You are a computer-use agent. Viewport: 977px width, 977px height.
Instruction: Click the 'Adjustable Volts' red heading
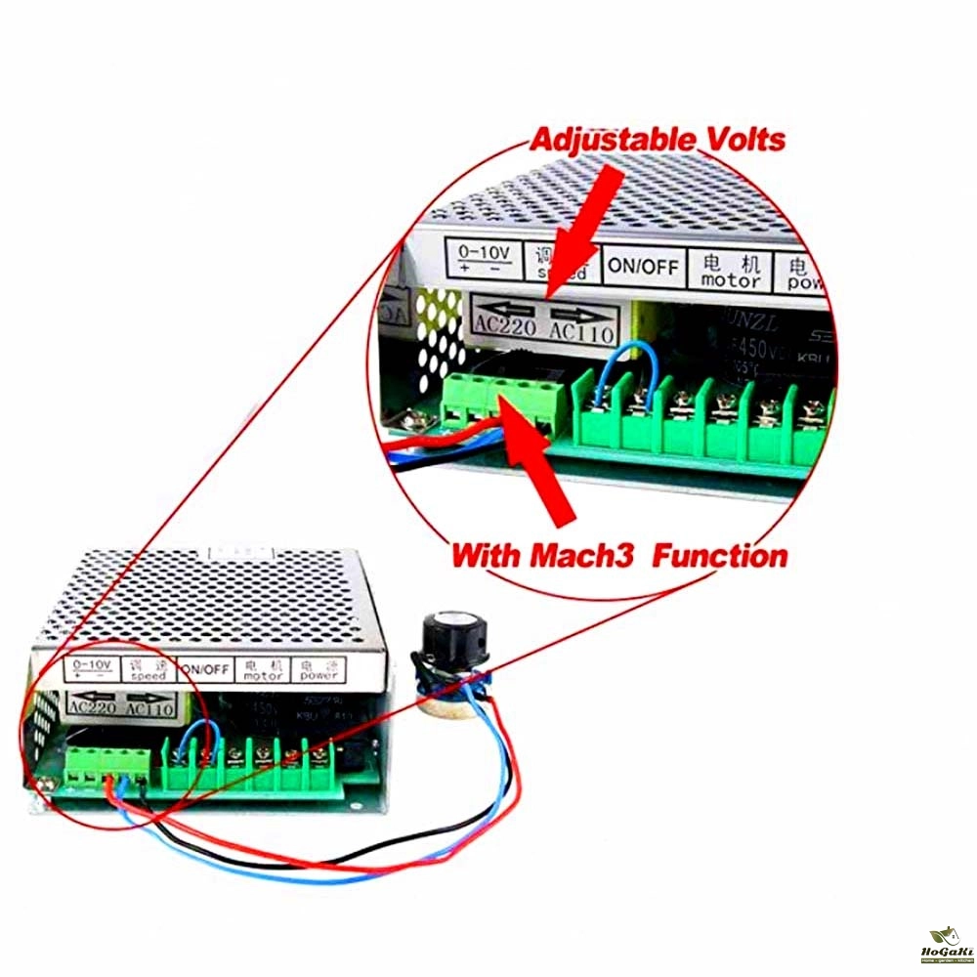[x=657, y=139]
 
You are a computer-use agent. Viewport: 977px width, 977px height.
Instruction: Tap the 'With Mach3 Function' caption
[x=618, y=557]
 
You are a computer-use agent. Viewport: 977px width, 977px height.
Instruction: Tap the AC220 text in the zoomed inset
[x=506, y=324]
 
